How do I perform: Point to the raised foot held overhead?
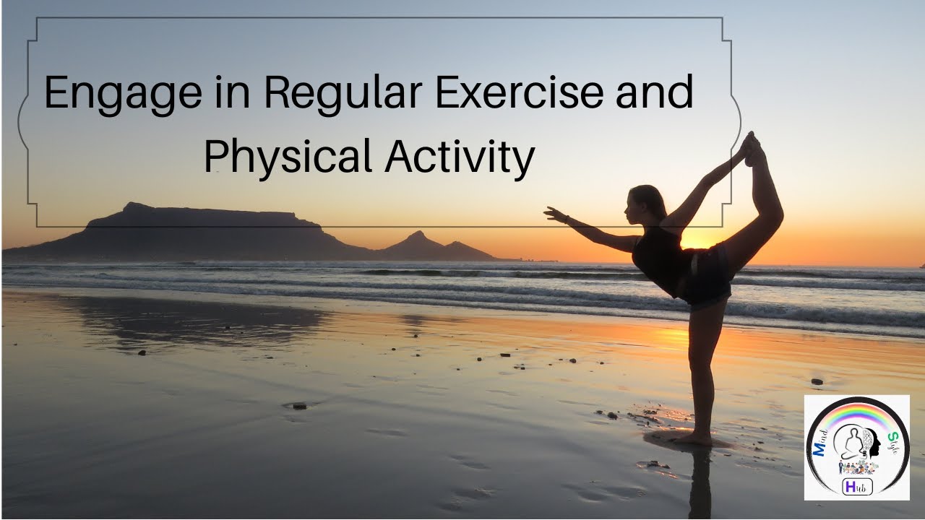(x=752, y=143)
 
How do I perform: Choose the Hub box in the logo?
(x=858, y=487)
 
